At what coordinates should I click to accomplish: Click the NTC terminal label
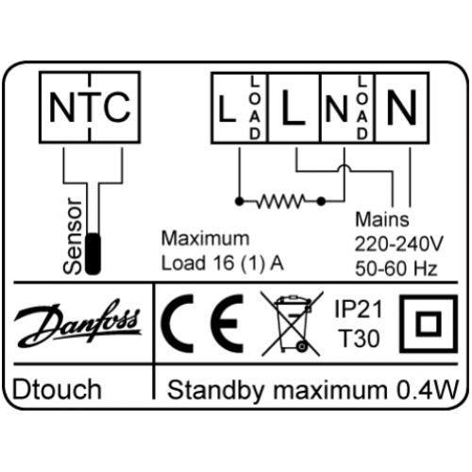(90, 108)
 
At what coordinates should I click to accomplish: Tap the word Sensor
(73, 236)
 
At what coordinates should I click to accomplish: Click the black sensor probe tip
(93, 254)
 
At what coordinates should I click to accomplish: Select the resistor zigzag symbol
(280, 201)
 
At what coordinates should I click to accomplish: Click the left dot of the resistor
(239, 201)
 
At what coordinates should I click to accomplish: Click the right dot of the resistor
(321, 201)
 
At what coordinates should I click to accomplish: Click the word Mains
(382, 219)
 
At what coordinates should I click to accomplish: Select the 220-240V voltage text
(399, 244)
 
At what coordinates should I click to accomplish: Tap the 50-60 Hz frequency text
(396, 269)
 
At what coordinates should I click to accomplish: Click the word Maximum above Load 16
(205, 239)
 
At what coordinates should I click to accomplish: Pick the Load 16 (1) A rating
(223, 263)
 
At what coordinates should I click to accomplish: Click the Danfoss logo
(77, 323)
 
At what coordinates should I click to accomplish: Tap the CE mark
(202, 324)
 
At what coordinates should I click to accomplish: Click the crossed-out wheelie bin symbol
(292, 324)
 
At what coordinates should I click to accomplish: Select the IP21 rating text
(359, 309)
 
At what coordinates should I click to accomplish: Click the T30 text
(360, 339)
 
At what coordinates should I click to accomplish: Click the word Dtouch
(57, 389)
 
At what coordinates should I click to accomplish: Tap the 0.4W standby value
(427, 390)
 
